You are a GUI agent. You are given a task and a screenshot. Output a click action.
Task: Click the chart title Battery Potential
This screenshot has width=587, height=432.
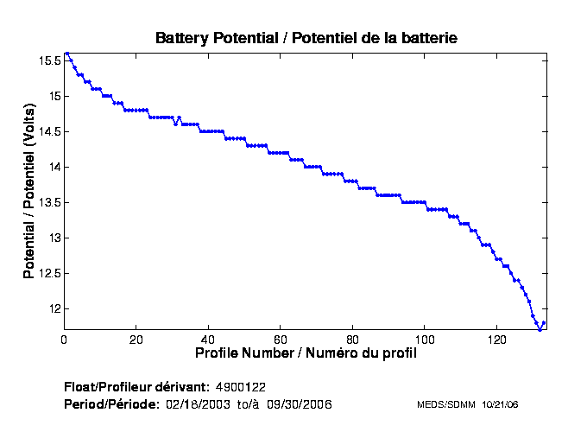coord(306,38)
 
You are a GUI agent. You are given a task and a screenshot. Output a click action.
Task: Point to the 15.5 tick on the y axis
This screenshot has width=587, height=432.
coord(48,60)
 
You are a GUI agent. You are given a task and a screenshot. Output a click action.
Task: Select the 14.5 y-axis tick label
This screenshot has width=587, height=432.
coord(48,131)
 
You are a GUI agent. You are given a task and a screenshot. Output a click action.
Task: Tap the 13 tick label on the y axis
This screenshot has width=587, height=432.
coord(54,238)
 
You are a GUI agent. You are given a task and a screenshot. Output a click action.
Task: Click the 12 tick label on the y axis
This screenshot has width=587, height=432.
coord(54,308)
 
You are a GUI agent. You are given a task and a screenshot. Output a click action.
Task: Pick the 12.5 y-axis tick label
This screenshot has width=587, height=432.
coord(48,273)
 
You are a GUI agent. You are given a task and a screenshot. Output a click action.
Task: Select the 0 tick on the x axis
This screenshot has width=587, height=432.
coord(64,340)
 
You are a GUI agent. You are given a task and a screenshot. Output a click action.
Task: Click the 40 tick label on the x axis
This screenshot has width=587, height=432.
coord(208,340)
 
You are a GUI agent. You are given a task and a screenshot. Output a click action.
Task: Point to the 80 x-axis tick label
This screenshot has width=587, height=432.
coord(352,340)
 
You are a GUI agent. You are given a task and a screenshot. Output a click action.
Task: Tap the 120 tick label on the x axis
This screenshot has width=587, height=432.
coord(496,340)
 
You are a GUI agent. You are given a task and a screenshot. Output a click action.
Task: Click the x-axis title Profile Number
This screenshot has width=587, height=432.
coord(306,353)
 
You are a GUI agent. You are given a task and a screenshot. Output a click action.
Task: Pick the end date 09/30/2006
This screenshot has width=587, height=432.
coord(300,404)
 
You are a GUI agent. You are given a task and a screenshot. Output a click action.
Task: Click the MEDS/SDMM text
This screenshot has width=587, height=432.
coord(445,404)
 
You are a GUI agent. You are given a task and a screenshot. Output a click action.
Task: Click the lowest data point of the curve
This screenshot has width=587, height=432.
coord(540,329)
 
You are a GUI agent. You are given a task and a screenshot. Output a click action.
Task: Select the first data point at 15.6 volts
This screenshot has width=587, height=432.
coord(67,54)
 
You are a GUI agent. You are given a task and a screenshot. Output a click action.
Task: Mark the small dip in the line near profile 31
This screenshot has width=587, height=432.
coord(175,124)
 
